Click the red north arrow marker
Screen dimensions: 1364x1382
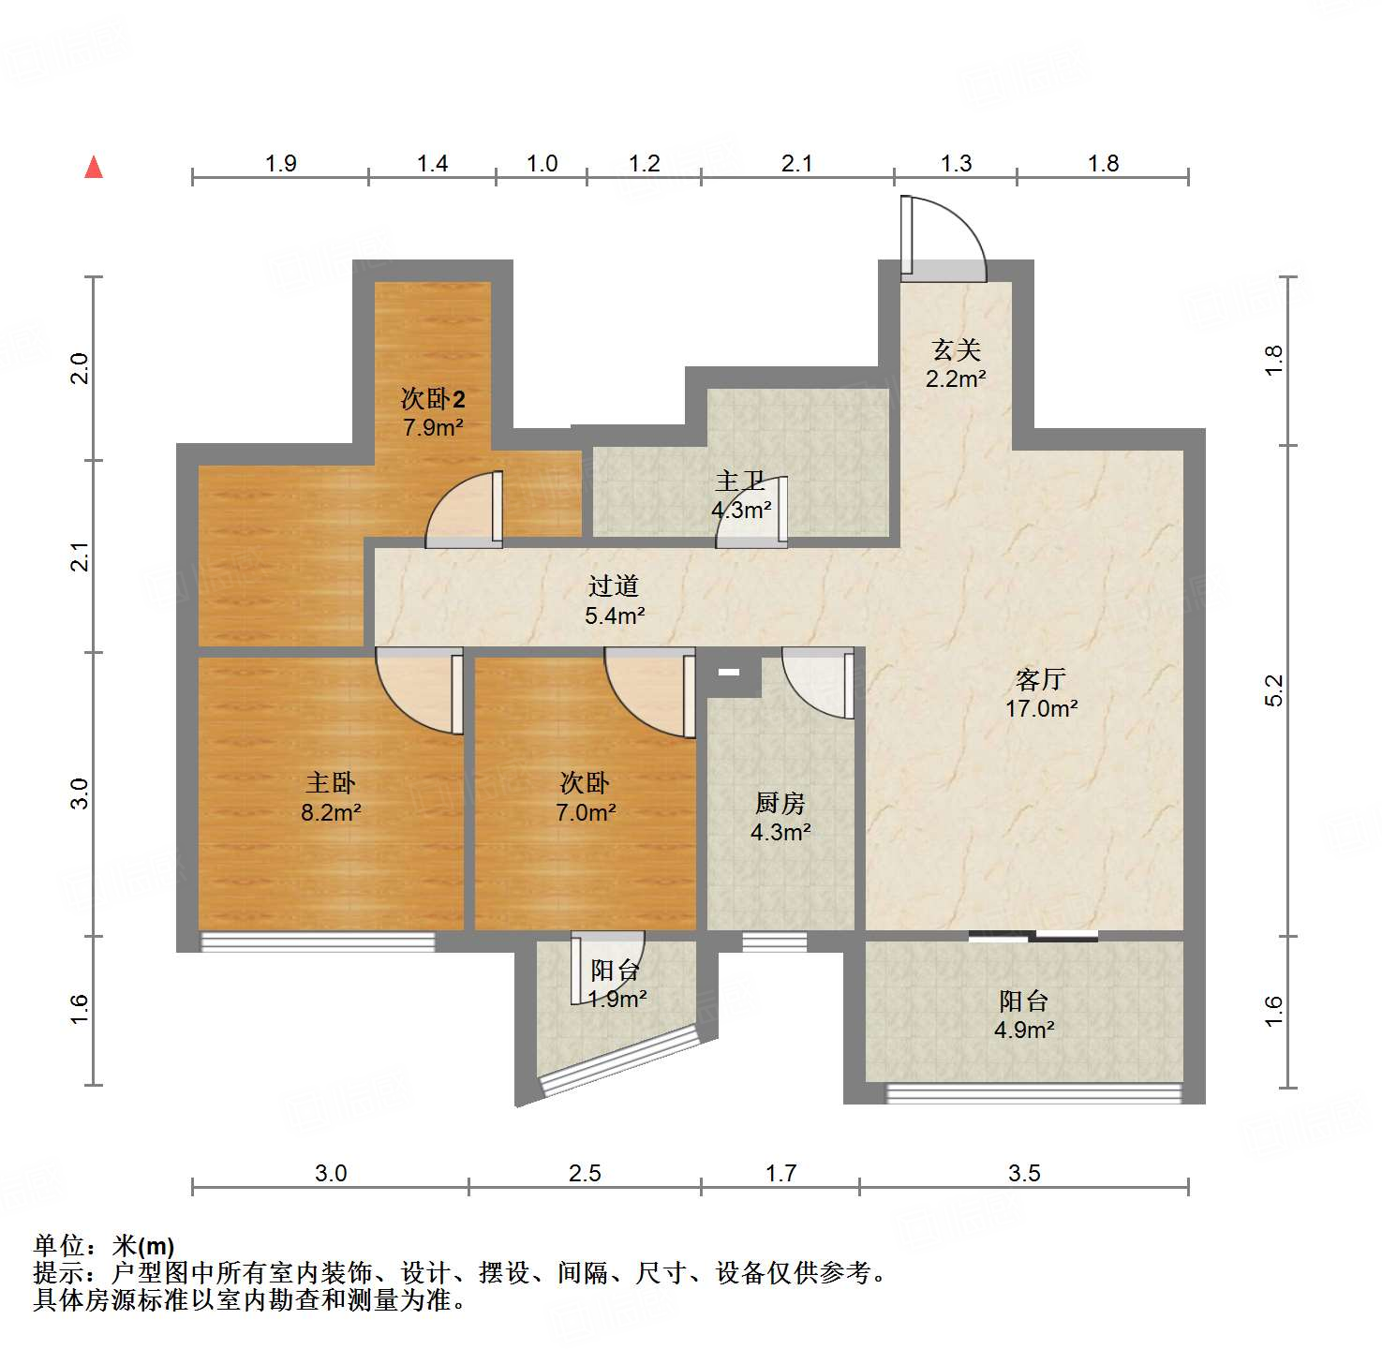click(x=94, y=167)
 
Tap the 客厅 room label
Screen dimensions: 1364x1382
click(x=1041, y=678)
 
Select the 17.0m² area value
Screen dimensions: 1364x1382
click(x=1041, y=708)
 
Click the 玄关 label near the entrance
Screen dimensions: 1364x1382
click(x=956, y=350)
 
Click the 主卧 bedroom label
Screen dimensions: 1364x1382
click(x=331, y=782)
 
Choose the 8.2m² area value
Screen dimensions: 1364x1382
click(x=331, y=812)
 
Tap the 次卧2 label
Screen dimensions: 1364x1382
click(x=433, y=399)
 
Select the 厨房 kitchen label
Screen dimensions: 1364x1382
click(x=780, y=803)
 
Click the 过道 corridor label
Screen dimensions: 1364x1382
click(x=614, y=586)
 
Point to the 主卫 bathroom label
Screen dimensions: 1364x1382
click(x=740, y=482)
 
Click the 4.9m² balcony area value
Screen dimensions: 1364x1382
click(x=1024, y=1030)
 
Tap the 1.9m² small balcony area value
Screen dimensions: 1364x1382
click(x=617, y=1000)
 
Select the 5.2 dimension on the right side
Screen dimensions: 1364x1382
click(x=1273, y=690)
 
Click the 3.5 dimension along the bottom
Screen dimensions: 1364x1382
click(x=1024, y=1173)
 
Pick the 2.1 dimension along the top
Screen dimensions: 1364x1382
click(x=796, y=164)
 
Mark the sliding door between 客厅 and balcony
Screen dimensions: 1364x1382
click(x=1033, y=935)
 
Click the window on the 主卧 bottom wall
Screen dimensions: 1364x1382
click(x=319, y=941)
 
